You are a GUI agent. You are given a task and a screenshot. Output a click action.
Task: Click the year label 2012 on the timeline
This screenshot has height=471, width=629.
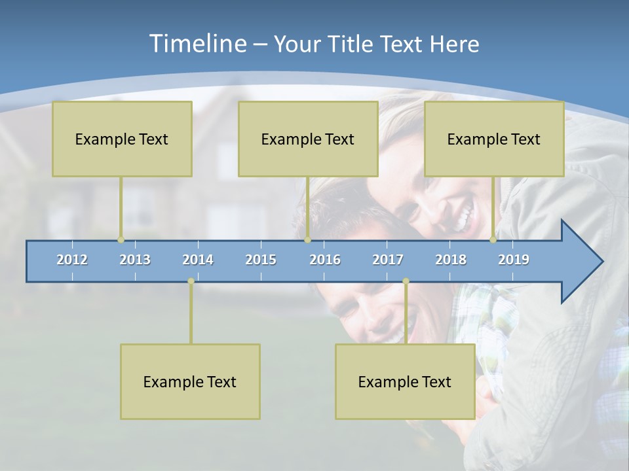pyautogui.click(x=72, y=260)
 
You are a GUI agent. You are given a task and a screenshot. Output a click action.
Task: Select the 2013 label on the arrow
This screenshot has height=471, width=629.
pyautogui.click(x=135, y=260)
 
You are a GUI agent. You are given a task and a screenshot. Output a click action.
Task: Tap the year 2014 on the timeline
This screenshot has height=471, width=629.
pyautogui.click(x=198, y=260)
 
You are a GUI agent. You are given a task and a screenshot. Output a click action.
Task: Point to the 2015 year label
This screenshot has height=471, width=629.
pyautogui.click(x=261, y=260)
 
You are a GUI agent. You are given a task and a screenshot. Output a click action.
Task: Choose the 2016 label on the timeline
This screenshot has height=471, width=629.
pyautogui.click(x=325, y=260)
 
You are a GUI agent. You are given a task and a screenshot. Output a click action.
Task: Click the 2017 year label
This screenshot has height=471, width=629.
pyautogui.click(x=388, y=260)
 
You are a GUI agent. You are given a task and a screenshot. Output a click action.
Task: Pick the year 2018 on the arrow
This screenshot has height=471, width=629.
pyautogui.click(x=451, y=260)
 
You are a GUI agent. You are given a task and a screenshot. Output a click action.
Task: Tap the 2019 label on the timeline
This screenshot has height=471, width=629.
pyautogui.click(x=514, y=260)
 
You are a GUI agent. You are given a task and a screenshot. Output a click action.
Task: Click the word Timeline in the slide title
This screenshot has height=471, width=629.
pyautogui.click(x=197, y=44)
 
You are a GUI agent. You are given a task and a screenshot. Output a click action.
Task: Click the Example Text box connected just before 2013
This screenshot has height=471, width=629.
pyautogui.click(x=122, y=139)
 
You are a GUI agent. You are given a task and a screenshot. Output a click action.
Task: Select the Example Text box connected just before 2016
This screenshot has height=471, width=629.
pyautogui.click(x=308, y=139)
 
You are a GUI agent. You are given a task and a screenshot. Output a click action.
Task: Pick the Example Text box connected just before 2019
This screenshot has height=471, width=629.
pyautogui.click(x=494, y=139)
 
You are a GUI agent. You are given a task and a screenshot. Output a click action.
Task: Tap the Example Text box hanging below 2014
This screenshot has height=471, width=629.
pyautogui.click(x=190, y=381)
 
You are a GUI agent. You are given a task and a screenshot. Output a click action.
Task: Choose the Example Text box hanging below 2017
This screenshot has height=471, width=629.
pyautogui.click(x=405, y=381)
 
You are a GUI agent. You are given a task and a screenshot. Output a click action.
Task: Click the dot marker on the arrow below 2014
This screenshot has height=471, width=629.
pyautogui.click(x=191, y=281)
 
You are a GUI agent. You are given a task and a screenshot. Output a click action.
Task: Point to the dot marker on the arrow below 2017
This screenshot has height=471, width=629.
pyautogui.click(x=406, y=281)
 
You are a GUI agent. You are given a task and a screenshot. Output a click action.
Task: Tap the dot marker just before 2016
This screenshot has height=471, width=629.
pyautogui.click(x=307, y=240)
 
